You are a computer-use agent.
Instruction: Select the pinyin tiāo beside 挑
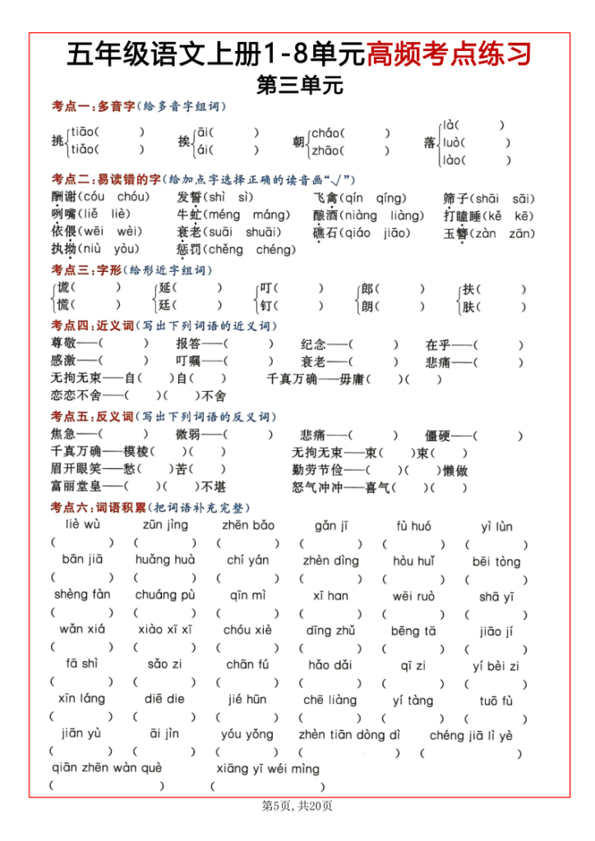82,131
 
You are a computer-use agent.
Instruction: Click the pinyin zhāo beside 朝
326,150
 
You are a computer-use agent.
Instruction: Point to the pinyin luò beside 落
453,142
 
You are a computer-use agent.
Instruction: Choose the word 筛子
455,198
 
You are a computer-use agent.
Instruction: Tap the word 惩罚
188,249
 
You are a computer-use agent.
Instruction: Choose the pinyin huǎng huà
164,560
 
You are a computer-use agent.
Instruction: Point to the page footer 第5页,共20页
297,807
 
